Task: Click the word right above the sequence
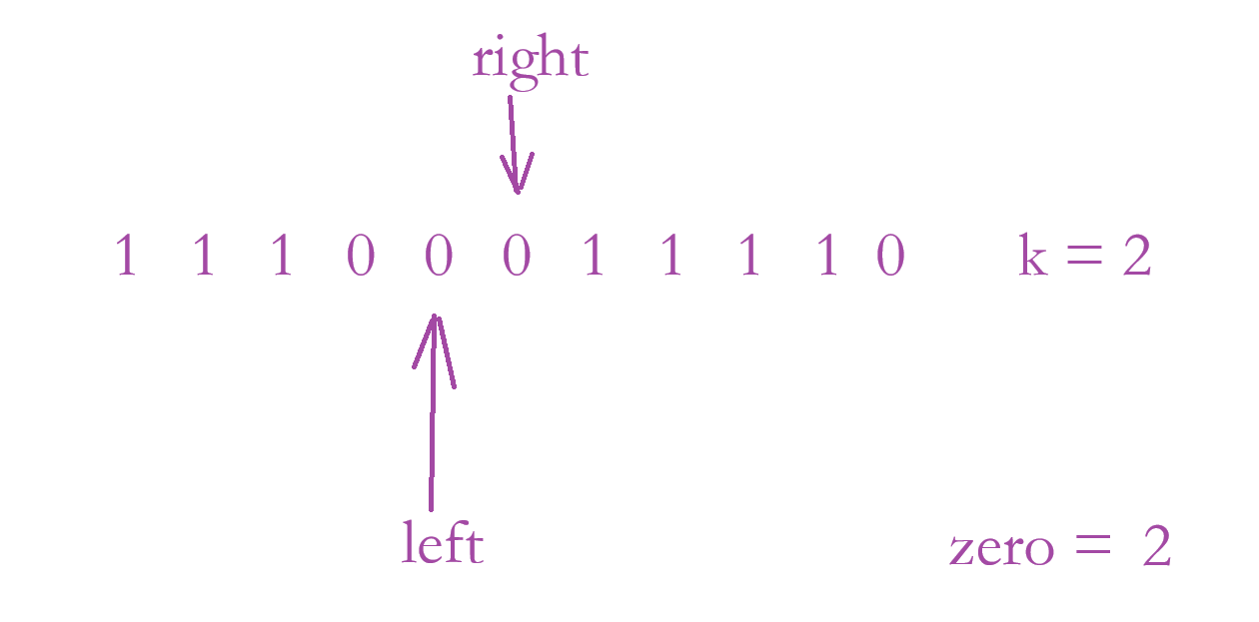530,60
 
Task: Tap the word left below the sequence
442,544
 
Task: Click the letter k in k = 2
1033,257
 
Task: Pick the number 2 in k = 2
1137,258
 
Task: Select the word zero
1000,549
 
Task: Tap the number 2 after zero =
1156,548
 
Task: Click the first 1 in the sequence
125,257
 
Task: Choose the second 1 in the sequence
203,257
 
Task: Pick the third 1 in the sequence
281,257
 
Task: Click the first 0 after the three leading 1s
360,258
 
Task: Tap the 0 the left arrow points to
439,258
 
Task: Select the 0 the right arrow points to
517,258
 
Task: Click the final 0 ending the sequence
890,258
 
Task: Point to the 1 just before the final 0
826,257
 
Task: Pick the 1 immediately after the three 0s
594,257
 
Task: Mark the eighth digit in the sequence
671,257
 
